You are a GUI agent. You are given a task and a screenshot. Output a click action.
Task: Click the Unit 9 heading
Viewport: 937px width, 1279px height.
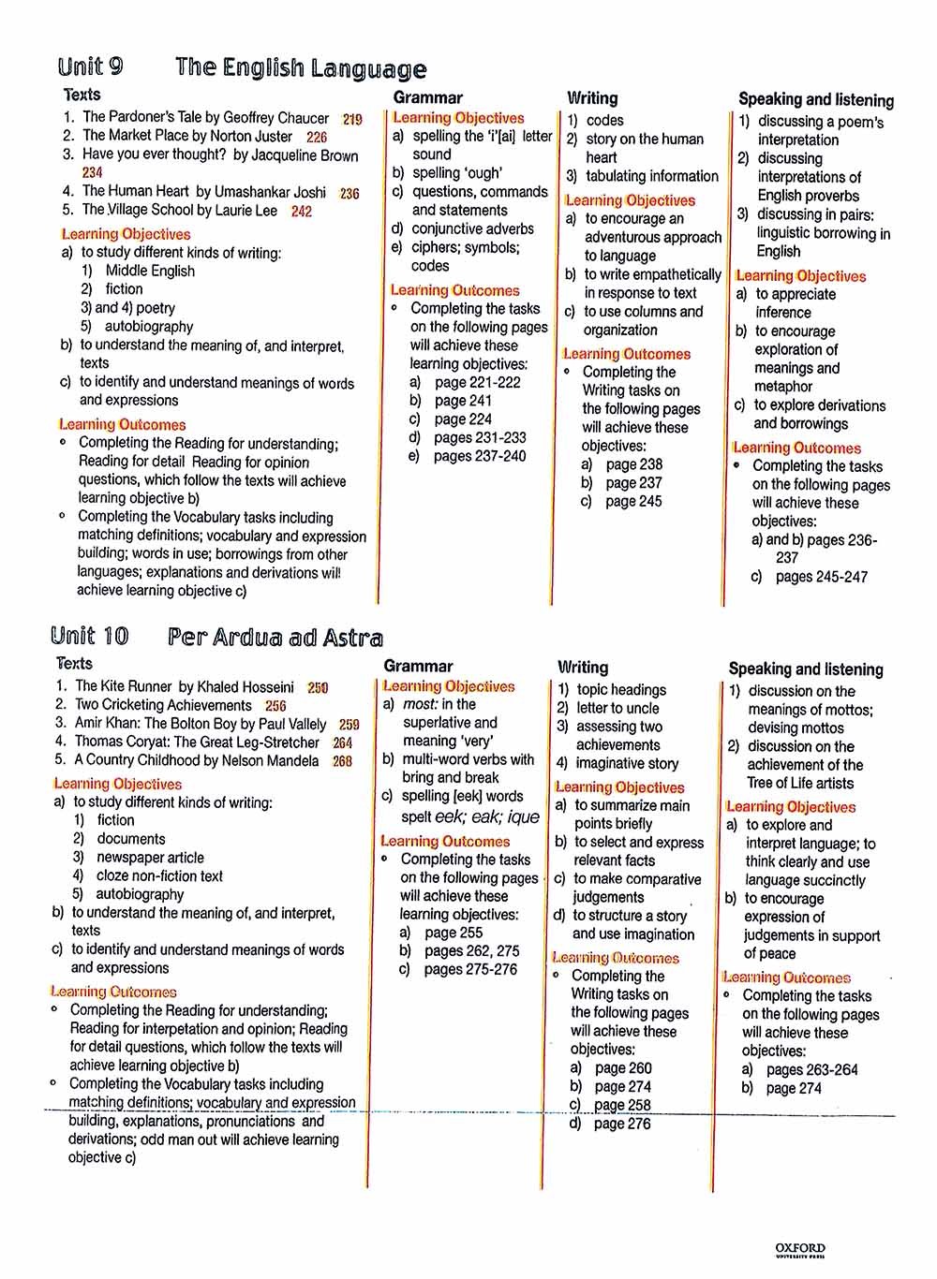pyautogui.click(x=90, y=66)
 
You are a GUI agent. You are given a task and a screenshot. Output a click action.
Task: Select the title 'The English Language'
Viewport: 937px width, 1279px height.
pyautogui.click(x=300, y=68)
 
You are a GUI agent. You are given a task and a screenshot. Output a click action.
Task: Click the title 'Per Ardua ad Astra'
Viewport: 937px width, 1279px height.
pyautogui.click(x=275, y=638)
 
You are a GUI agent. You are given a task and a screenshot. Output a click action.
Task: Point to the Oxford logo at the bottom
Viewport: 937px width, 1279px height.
pyautogui.click(x=800, y=1249)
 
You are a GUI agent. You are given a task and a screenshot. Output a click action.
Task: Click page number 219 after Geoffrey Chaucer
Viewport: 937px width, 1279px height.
pyautogui.click(x=352, y=120)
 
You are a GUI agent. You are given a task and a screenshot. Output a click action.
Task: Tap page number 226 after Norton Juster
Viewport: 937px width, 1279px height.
pyautogui.click(x=317, y=137)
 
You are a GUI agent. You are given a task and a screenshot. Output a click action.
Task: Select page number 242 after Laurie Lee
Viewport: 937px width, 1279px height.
pyautogui.click(x=301, y=212)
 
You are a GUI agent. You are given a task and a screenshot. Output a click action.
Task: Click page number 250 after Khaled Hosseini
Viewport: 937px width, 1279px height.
pyautogui.click(x=318, y=687)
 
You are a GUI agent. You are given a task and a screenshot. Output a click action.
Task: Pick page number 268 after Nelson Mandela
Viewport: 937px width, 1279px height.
pyautogui.click(x=342, y=761)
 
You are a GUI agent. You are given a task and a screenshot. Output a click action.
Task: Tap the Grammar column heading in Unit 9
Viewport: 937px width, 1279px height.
pyautogui.click(x=427, y=97)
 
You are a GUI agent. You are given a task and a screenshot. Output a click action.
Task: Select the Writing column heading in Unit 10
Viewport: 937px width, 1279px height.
pyautogui.click(x=582, y=668)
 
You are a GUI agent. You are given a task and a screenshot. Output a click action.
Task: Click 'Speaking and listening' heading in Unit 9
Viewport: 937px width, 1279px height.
pyautogui.click(x=815, y=99)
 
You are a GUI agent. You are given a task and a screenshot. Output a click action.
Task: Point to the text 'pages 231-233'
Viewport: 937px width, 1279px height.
pyautogui.click(x=480, y=437)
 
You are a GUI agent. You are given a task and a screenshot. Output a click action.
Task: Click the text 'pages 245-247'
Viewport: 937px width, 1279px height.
pyautogui.click(x=821, y=577)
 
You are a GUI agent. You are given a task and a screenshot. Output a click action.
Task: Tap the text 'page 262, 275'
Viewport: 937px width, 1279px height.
pyautogui.click(x=471, y=950)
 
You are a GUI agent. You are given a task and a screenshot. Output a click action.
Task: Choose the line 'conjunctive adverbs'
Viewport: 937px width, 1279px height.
pyautogui.click(x=472, y=228)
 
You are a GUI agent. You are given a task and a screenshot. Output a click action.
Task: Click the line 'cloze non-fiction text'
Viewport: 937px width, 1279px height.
pyautogui.click(x=159, y=875)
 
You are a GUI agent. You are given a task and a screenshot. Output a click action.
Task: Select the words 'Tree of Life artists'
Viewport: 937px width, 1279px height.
pyautogui.click(x=800, y=783)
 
